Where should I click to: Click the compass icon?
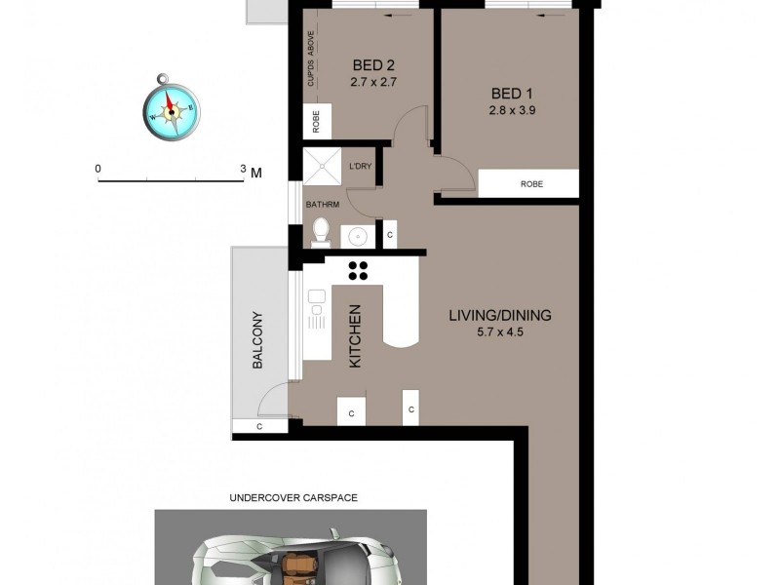172,108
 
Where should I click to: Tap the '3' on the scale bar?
244,169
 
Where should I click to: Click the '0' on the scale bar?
97,169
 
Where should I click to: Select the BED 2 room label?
373,66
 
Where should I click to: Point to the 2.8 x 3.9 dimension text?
513,110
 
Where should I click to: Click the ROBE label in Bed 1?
531,183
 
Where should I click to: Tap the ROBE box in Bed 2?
317,122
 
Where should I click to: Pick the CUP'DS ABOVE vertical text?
311,60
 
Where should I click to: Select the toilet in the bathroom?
321,231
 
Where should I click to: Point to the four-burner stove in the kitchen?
358,270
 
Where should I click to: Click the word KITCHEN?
356,336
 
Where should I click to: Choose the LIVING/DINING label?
500,315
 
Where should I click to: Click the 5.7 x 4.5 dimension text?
500,332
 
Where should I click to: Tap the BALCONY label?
258,339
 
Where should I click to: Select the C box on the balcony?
259,426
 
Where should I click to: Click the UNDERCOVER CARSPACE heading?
293,497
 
